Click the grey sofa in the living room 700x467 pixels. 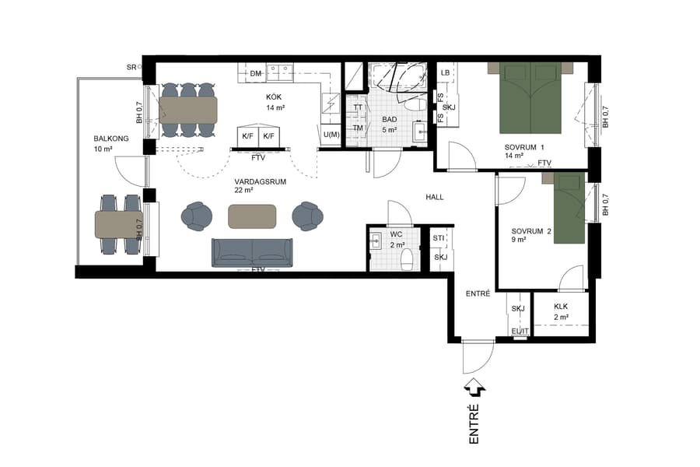point(252,252)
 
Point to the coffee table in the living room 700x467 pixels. point(252,216)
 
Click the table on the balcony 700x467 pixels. point(118,223)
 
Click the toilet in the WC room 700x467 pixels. point(405,262)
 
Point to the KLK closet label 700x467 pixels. point(562,307)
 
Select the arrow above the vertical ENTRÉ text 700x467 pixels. point(474,388)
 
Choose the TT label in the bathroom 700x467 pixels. point(358,108)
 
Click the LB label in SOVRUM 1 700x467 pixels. point(445,73)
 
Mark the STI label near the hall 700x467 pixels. point(439,238)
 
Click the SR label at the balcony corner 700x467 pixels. point(131,68)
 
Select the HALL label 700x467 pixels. point(434,197)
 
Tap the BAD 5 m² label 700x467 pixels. point(390,125)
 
